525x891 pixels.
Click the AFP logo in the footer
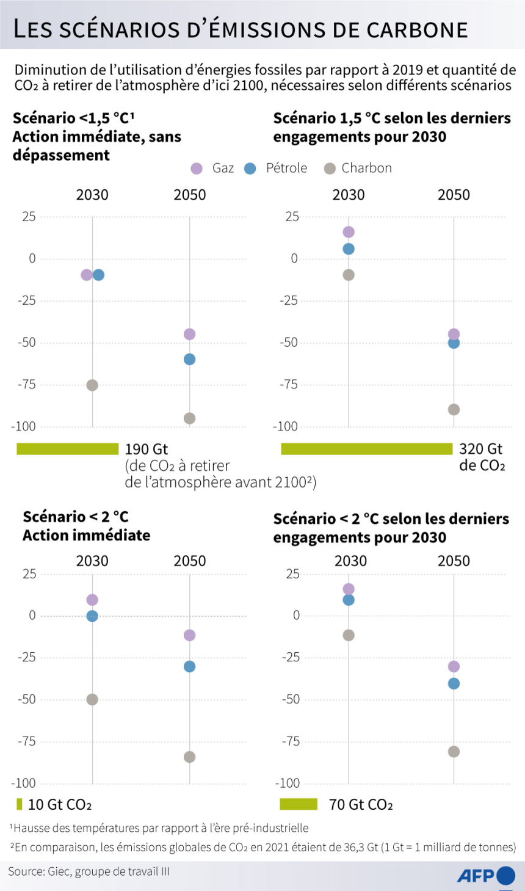coord(486,876)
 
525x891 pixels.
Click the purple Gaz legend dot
coord(197,169)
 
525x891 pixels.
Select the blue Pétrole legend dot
coord(250,169)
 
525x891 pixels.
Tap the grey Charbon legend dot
coord(330,169)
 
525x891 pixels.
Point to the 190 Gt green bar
coord(67,449)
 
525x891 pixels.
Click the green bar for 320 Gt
coord(366,449)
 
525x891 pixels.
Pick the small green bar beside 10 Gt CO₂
coord(20,804)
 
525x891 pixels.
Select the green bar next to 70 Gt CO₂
coord(299,804)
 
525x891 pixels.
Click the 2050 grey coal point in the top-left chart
coord(190,418)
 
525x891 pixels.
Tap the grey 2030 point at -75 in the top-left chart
coord(92,385)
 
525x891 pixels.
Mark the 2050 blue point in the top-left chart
coord(190,359)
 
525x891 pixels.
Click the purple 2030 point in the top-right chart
coord(349,232)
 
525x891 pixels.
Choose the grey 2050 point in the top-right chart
coord(454,409)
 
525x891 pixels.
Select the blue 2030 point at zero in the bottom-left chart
coord(92,616)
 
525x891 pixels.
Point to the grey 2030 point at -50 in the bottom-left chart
coord(92,699)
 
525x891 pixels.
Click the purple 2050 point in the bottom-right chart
coord(454,666)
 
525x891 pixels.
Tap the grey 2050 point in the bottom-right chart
coord(454,752)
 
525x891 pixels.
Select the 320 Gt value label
coord(480,449)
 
